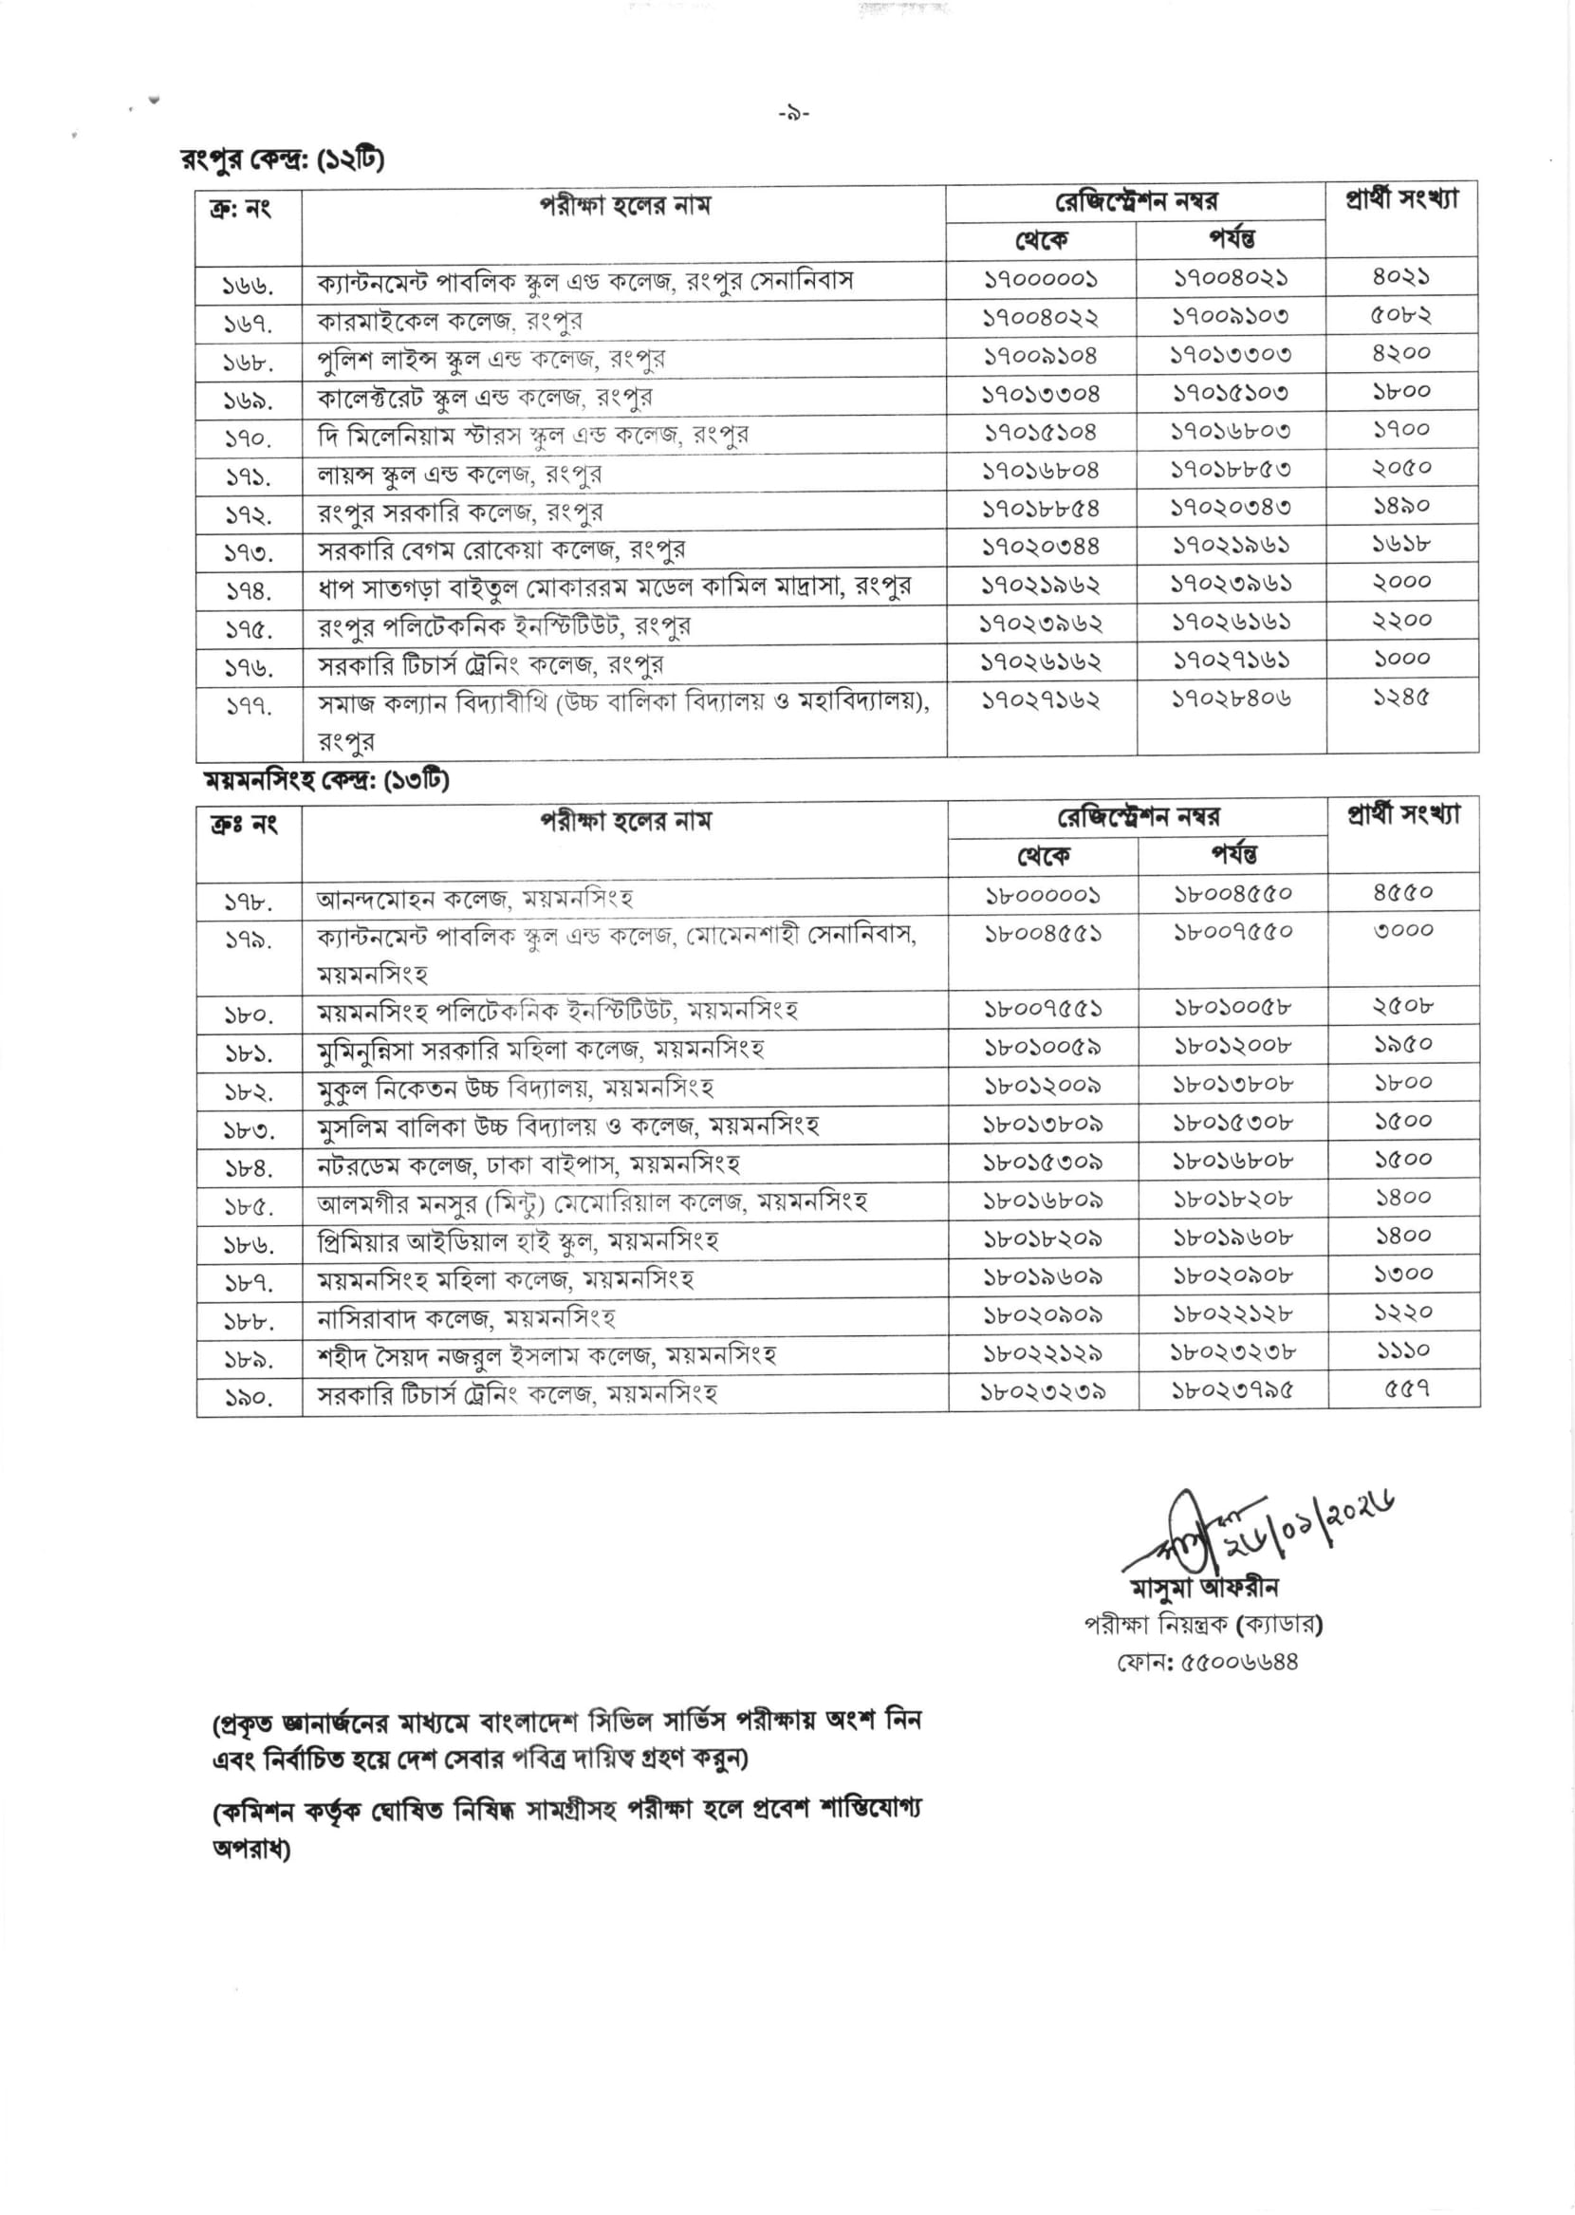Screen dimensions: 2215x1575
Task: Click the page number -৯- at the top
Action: click(x=793, y=115)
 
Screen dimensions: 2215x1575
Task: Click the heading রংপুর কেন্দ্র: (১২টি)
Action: click(x=282, y=159)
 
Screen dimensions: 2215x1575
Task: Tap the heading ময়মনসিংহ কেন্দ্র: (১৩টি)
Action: click(x=325, y=780)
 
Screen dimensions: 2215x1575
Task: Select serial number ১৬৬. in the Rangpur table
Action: click(x=249, y=285)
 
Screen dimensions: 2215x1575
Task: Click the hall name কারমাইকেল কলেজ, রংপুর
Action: click(x=450, y=321)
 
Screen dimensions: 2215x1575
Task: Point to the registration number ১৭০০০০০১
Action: click(x=1041, y=280)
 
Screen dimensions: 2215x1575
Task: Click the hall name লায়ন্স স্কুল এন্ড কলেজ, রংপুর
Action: click(x=460, y=475)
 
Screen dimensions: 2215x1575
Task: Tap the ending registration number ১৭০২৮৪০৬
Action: click(x=1231, y=698)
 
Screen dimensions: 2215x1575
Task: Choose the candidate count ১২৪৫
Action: click(x=1400, y=698)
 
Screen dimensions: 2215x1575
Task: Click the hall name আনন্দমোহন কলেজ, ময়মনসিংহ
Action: click(x=474, y=898)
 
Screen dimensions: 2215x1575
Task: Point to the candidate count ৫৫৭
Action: click(x=1405, y=1388)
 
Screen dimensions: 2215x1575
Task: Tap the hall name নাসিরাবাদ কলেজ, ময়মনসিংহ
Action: click(x=466, y=1318)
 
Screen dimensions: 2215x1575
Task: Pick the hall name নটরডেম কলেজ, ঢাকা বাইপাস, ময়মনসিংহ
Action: click(x=528, y=1163)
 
